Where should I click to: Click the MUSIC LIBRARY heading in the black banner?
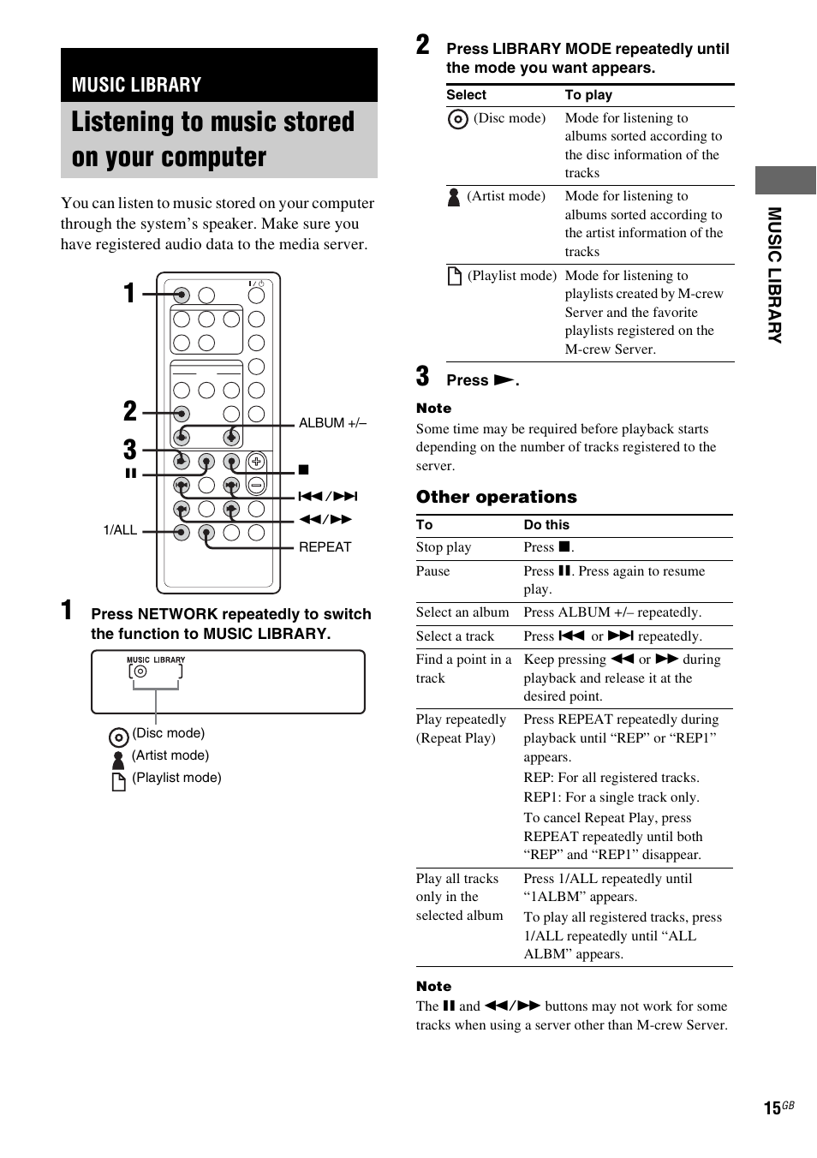coord(136,85)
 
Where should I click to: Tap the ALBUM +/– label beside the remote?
coord(332,423)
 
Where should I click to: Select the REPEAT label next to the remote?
coord(325,547)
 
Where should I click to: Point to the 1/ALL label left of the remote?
coord(120,530)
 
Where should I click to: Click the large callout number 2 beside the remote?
coord(129,411)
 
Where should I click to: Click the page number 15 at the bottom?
coord(772,1108)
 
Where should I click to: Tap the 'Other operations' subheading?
coord(496,498)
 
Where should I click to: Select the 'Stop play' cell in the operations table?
coord(444,547)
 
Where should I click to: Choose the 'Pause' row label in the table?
coord(432,571)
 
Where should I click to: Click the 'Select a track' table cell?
coord(455,636)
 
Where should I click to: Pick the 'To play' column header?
coord(588,95)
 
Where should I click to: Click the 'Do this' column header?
coord(546,525)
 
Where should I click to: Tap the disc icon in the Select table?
coord(458,119)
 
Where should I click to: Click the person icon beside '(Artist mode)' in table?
coord(454,197)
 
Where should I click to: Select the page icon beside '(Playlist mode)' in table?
coord(455,276)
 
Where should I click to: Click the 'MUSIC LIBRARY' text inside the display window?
coord(156,660)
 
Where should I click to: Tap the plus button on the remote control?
coord(256,462)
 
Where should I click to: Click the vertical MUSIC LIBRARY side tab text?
coord(774,275)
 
